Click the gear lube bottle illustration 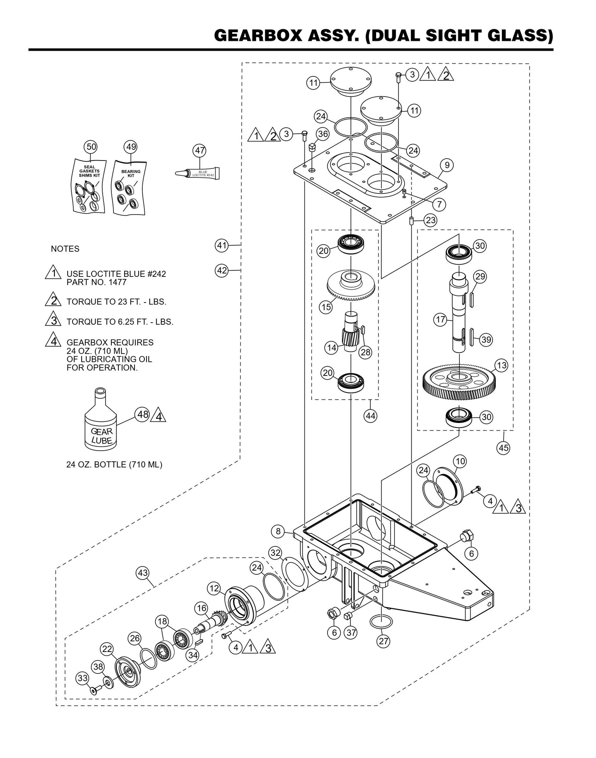point(100,429)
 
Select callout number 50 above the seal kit point(91,146)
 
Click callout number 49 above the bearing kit point(131,146)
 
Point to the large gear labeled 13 point(459,382)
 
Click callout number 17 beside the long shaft point(441,319)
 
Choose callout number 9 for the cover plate point(447,165)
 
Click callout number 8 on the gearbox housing point(278,531)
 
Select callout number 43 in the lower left point(143,573)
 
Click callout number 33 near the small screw point(82,678)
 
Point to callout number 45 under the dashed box point(504,447)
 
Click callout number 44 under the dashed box point(370,416)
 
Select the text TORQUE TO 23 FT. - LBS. point(116,302)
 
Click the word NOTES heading point(65,249)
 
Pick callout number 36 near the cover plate point(323,134)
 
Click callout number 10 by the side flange point(460,461)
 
